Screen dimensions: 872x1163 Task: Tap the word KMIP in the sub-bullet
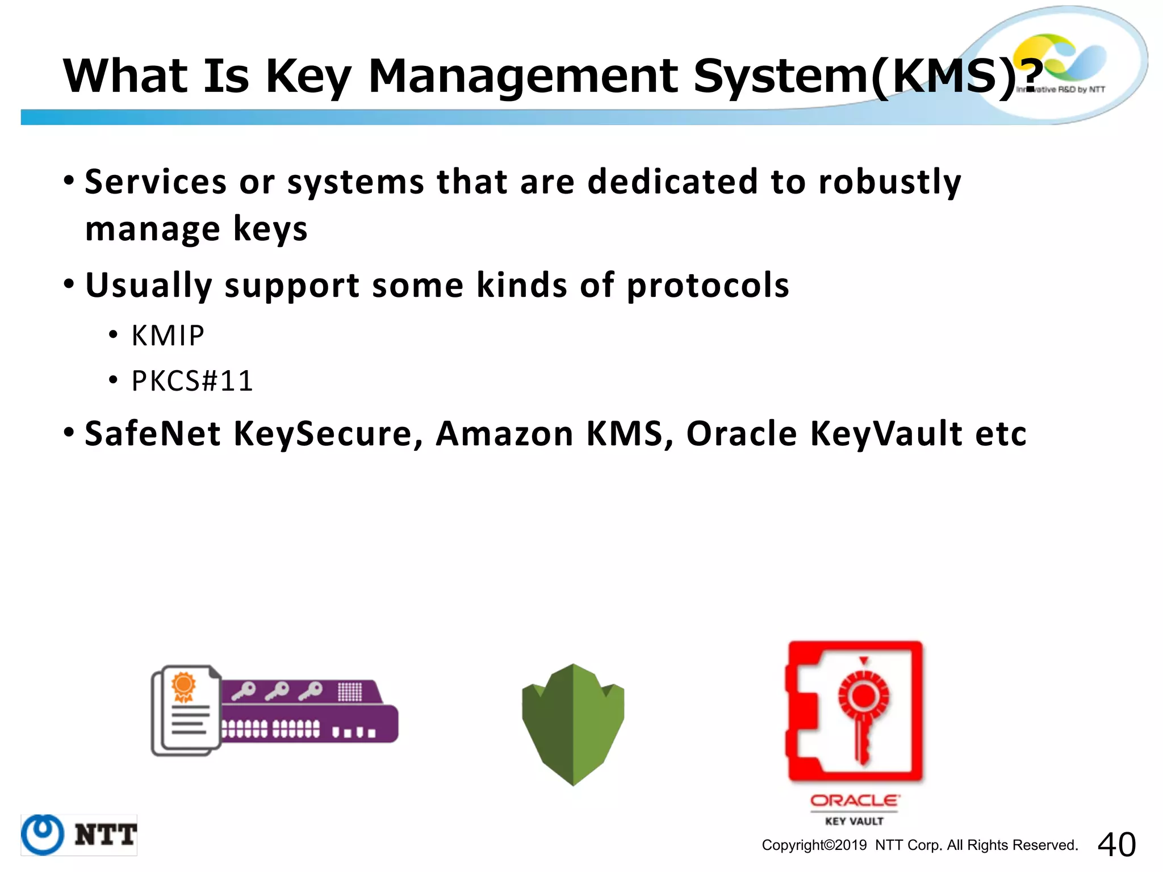168,336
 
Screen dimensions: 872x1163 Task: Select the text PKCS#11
192,381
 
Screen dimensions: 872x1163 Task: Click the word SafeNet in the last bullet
152,434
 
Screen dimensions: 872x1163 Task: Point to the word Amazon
504,434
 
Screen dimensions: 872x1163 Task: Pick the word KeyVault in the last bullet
886,434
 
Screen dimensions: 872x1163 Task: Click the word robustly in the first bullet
890,182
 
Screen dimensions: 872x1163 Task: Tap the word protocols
708,285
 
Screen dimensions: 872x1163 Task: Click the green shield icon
573,724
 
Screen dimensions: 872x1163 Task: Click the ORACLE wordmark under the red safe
855,800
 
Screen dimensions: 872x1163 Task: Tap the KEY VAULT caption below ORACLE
855,821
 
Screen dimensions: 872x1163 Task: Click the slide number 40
1116,844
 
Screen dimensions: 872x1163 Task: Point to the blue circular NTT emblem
43,835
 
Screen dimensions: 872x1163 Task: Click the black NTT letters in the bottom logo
106,835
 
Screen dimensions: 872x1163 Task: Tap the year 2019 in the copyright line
851,845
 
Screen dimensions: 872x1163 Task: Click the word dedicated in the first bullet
672,182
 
